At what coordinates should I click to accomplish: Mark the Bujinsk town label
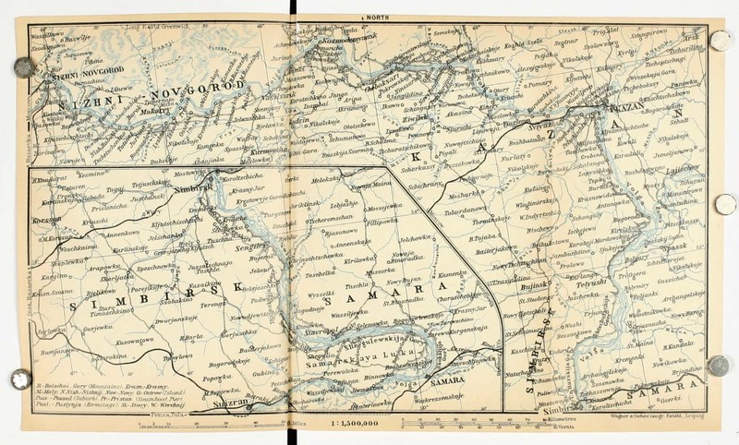pos(533,288)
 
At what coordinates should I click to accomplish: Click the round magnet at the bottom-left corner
pos(18,379)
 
